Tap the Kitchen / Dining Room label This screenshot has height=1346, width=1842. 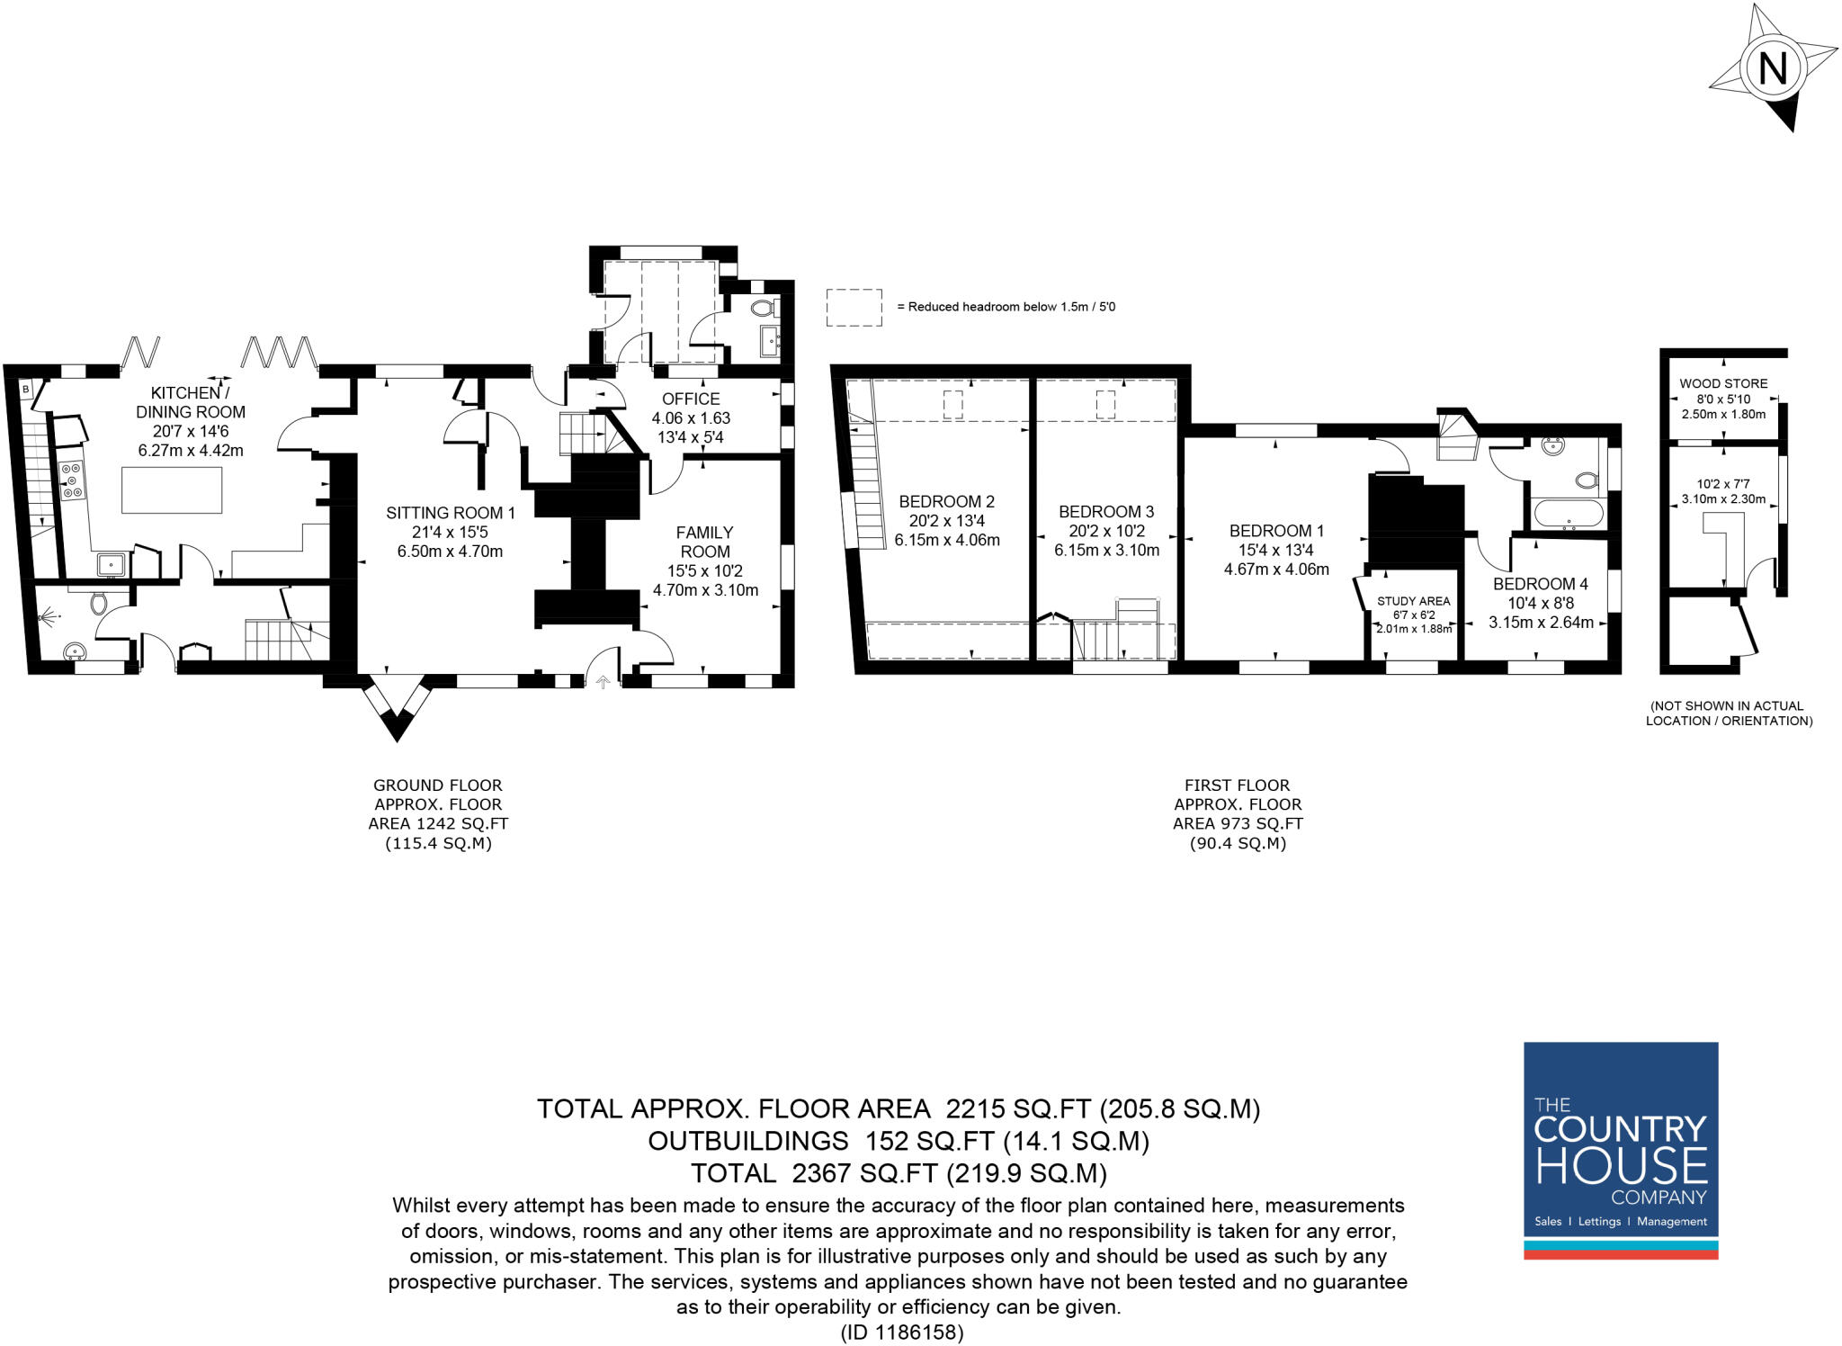(x=190, y=402)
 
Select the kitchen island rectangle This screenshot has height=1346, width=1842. (x=172, y=490)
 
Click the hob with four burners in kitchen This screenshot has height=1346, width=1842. (x=72, y=480)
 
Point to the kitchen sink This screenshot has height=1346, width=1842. (x=112, y=564)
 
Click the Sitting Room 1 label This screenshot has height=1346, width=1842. (x=450, y=513)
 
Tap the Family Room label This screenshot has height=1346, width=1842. (x=704, y=542)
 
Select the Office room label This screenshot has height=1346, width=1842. (x=691, y=399)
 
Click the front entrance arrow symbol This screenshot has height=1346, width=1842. (x=603, y=683)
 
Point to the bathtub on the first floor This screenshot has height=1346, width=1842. (x=1569, y=514)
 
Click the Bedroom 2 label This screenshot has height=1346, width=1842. (x=946, y=501)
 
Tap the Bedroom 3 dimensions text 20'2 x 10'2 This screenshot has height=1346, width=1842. (x=1106, y=531)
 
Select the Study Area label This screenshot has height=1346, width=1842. (x=1413, y=601)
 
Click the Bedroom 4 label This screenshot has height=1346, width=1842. (x=1541, y=584)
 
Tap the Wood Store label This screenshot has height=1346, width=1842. (x=1723, y=383)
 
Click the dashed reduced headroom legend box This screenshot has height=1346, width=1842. (x=854, y=307)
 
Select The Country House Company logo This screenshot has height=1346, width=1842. (x=1621, y=1151)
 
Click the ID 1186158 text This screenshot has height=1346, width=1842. (x=901, y=1333)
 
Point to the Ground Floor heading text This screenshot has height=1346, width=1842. (x=438, y=785)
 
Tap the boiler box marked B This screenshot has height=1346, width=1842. (x=25, y=390)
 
